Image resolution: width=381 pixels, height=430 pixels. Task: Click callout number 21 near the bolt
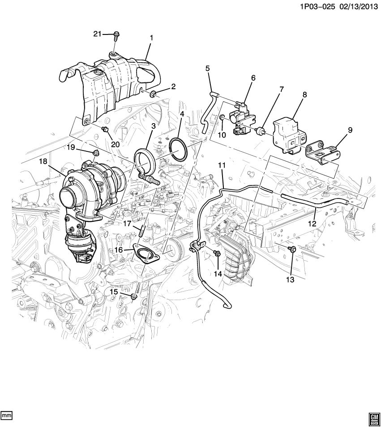click(x=98, y=34)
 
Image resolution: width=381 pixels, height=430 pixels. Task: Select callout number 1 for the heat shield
click(x=151, y=38)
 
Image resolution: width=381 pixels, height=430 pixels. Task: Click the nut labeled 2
click(x=154, y=94)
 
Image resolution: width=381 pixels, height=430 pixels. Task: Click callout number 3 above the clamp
click(x=153, y=127)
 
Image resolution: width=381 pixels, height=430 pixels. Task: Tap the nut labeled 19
click(x=95, y=153)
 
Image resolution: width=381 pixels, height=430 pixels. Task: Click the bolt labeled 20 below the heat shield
click(x=106, y=129)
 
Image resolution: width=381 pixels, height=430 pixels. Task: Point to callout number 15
click(x=114, y=291)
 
